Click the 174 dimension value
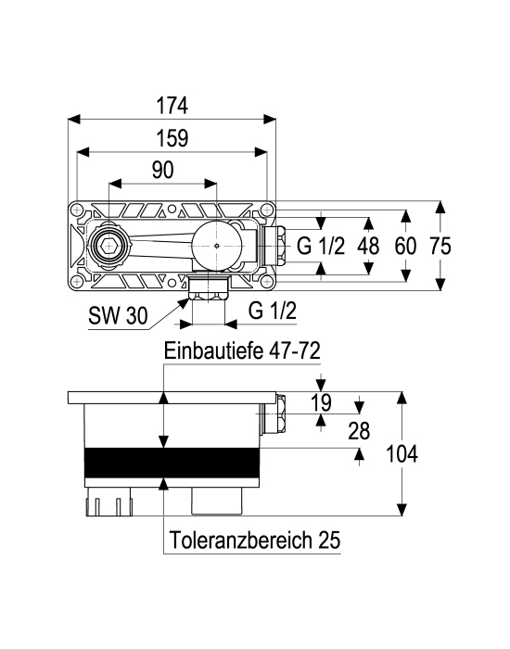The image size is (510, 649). [x=172, y=106]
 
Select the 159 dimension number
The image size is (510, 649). [x=172, y=138]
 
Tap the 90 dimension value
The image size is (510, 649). [x=162, y=170]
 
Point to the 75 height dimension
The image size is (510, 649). [x=440, y=246]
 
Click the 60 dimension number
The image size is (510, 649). [x=405, y=246]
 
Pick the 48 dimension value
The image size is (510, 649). [x=368, y=246]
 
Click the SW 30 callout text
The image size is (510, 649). [x=118, y=316]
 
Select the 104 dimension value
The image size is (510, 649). [x=402, y=453]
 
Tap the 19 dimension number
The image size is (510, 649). [x=321, y=402]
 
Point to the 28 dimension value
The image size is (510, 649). [x=359, y=431]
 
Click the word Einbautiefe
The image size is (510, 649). [x=213, y=351]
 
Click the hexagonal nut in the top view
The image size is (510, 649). [x=108, y=246]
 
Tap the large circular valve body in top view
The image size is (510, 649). [x=217, y=245]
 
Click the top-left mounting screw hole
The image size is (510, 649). [x=77, y=210]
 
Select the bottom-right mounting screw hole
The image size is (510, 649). [x=267, y=282]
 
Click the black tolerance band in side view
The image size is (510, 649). [x=172, y=463]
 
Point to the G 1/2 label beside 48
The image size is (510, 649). [x=321, y=246]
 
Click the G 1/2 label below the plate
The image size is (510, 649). [x=273, y=311]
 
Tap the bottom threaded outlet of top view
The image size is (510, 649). [x=208, y=288]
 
